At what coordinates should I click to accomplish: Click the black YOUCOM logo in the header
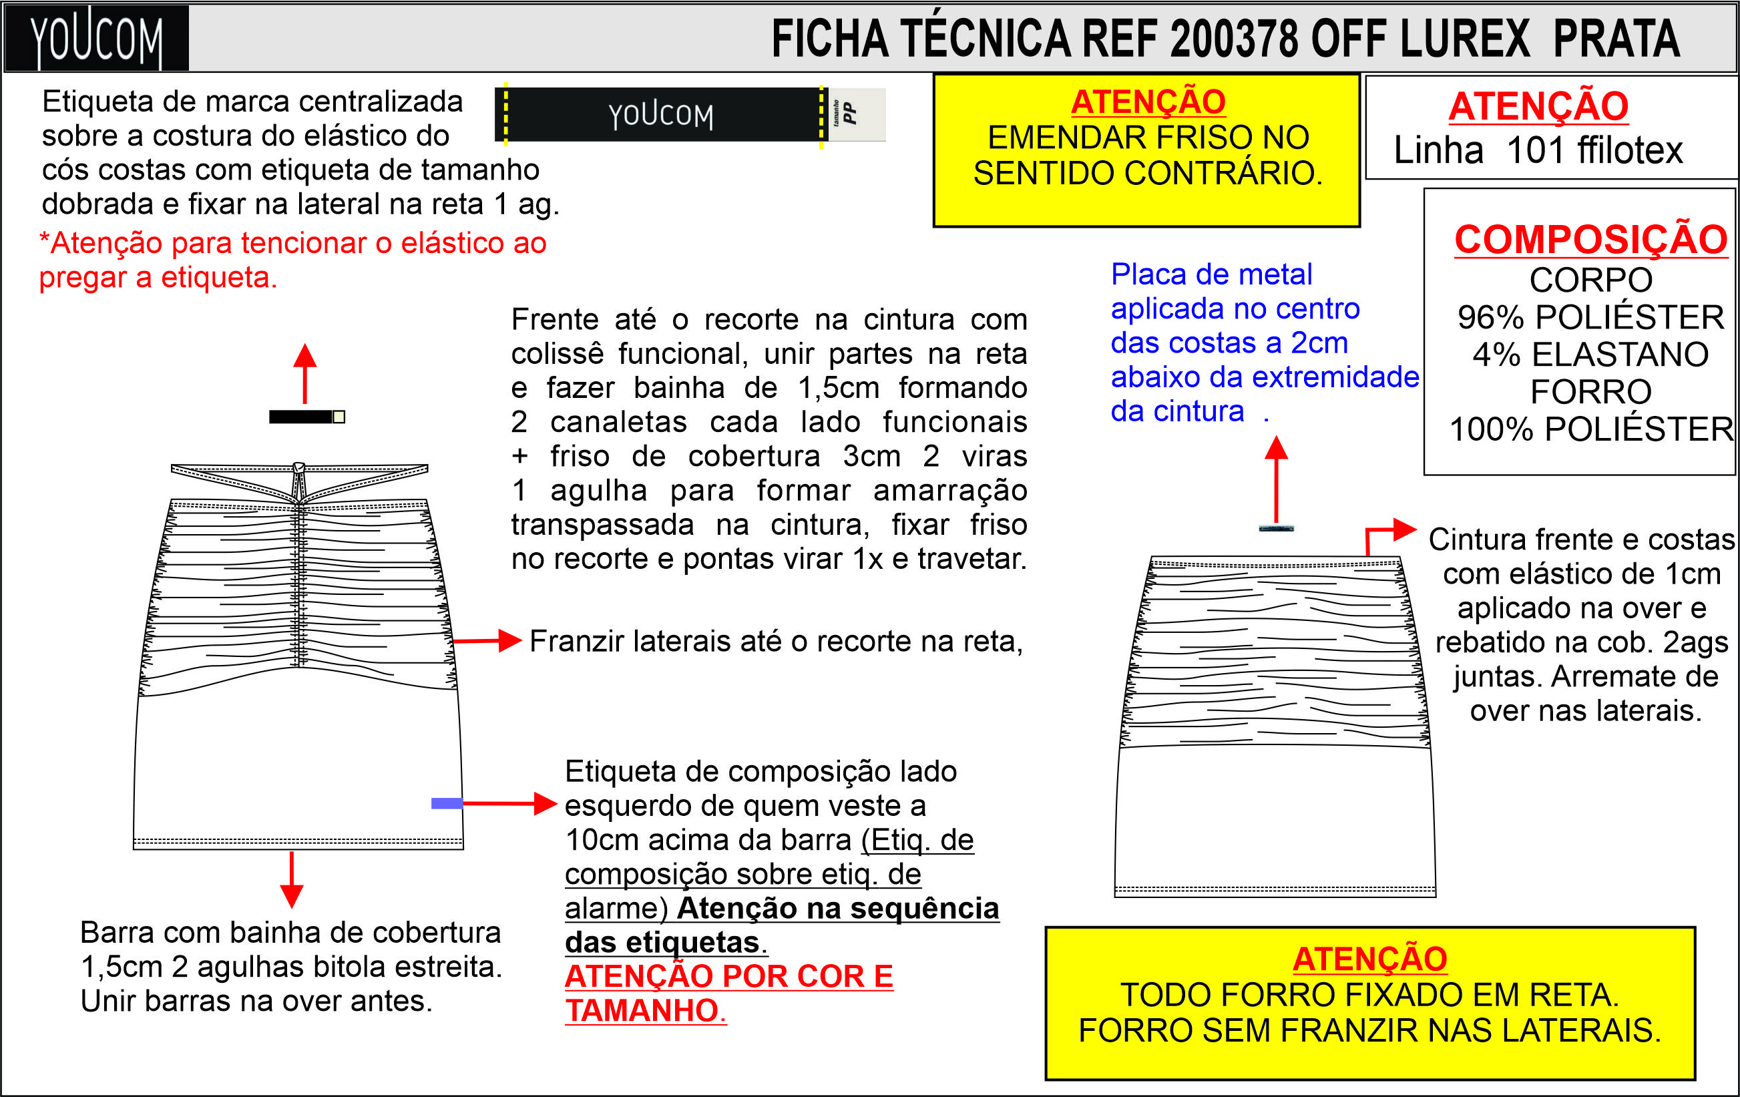[x=96, y=37]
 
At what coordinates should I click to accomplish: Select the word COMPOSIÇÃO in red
[x=1590, y=239]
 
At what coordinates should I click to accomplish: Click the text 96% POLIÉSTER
[x=1590, y=317]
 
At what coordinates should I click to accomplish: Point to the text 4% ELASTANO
[x=1590, y=355]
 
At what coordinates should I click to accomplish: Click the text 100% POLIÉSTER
[x=1590, y=429]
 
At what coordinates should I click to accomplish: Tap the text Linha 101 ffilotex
[x=1538, y=150]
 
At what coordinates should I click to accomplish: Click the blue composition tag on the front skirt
[x=447, y=803]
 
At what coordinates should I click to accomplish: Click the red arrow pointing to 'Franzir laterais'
[x=488, y=640]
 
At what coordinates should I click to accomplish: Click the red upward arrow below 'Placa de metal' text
[x=1276, y=477]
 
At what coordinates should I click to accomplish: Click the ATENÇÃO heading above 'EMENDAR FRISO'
[x=1148, y=102]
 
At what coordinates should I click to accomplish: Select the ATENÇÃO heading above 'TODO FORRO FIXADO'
[x=1369, y=959]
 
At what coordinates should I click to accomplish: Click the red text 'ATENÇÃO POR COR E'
[x=728, y=976]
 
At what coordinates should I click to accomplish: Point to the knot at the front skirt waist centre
[x=298, y=468]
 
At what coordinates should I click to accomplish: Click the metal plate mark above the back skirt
[x=1276, y=529]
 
